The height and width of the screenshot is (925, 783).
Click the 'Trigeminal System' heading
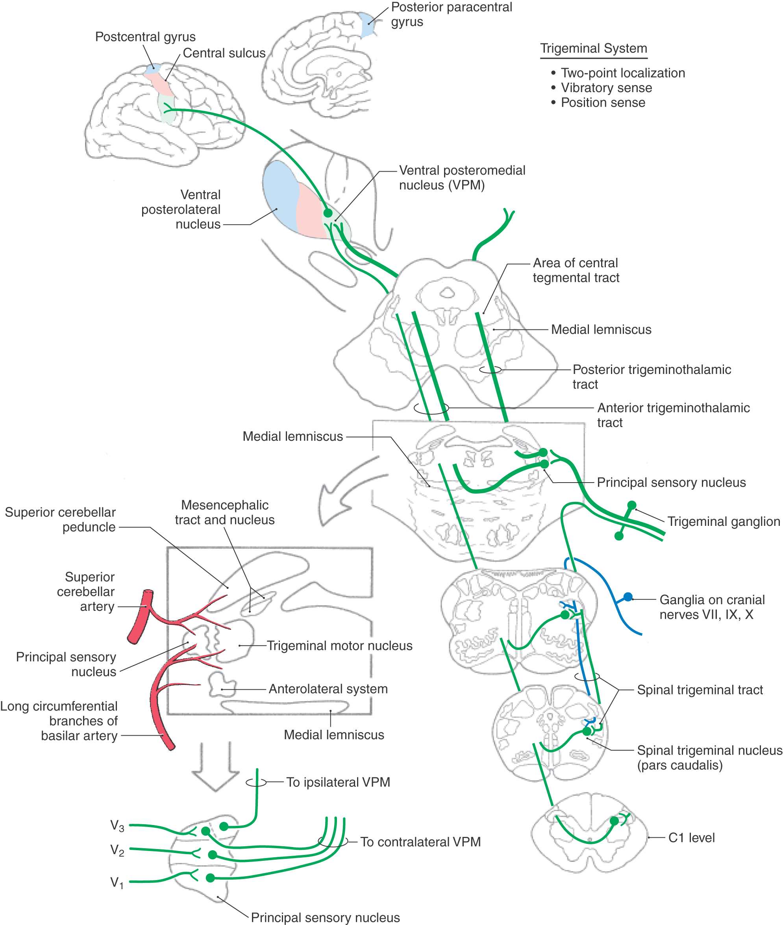(x=594, y=48)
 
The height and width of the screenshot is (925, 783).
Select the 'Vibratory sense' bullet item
(x=606, y=88)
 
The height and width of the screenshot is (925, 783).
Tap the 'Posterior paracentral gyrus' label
(x=451, y=14)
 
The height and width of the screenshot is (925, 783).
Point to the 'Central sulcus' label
(x=224, y=53)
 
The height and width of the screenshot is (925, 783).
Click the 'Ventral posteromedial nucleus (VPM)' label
(x=462, y=178)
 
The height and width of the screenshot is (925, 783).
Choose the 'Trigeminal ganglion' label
(x=724, y=522)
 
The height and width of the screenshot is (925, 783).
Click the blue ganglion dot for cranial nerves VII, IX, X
(x=628, y=597)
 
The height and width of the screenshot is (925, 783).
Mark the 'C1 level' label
(x=691, y=838)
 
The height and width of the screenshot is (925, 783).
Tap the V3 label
(x=117, y=826)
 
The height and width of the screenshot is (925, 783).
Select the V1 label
(x=117, y=882)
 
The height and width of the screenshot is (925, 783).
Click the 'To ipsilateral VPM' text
(x=338, y=782)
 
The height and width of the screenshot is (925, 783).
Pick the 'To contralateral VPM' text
(x=420, y=842)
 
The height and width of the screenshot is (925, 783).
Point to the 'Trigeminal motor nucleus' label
(x=340, y=646)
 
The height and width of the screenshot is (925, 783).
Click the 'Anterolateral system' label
(x=328, y=689)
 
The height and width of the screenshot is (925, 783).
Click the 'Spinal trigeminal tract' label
(x=700, y=690)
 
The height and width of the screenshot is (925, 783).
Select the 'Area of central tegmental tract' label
(x=576, y=270)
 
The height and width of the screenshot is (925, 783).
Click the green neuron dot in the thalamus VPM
(x=328, y=213)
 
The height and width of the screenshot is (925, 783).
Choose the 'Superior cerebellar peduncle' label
(x=60, y=520)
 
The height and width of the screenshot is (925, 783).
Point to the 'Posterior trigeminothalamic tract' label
(x=651, y=377)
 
